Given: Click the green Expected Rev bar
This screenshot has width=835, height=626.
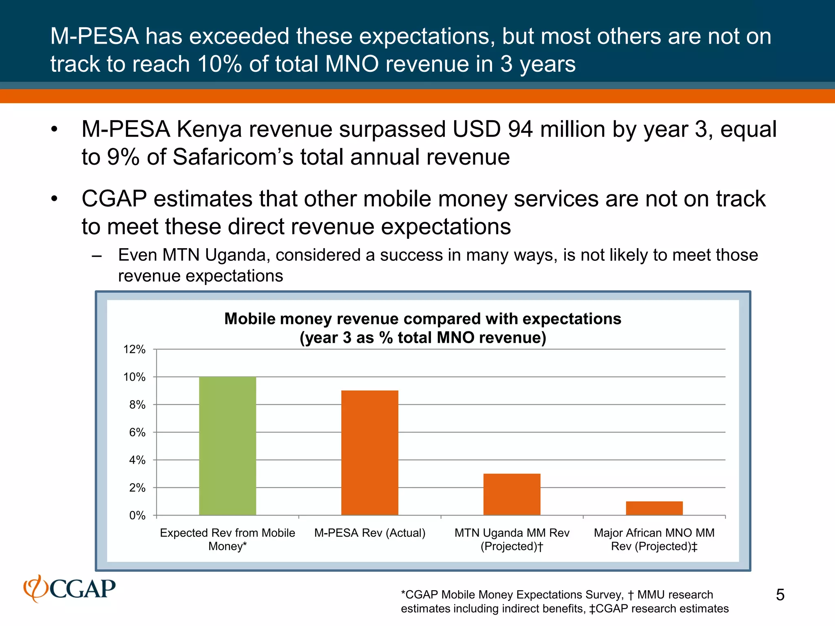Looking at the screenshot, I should click(x=228, y=446).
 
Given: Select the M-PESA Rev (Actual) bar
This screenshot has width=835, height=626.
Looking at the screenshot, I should click(x=369, y=453).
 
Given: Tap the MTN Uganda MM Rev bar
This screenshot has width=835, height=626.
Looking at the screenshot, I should click(x=512, y=494).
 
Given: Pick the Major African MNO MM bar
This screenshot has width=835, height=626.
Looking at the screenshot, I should click(x=654, y=508).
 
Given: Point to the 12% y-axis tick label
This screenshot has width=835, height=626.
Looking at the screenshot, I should click(x=134, y=349).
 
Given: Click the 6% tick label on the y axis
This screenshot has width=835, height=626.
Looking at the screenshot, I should click(x=137, y=432).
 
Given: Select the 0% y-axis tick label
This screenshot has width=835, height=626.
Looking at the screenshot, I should click(x=137, y=516).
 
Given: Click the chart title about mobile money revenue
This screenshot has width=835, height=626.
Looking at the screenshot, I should click(x=422, y=328).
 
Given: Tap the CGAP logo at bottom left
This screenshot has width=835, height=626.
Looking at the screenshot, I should click(x=70, y=589).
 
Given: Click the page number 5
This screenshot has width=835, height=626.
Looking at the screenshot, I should click(x=780, y=595).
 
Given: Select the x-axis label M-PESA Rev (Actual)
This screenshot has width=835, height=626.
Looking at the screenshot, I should click(x=369, y=533).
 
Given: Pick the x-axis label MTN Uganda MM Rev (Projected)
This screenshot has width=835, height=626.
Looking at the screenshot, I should click(x=512, y=540).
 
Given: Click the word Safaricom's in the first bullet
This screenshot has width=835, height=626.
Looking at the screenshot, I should click(x=233, y=157).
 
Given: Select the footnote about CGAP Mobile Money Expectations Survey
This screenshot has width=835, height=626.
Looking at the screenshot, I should click(x=564, y=602).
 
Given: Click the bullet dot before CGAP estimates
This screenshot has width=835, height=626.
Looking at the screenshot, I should click(x=55, y=199).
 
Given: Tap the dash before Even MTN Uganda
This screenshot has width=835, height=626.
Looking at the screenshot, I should click(x=97, y=256).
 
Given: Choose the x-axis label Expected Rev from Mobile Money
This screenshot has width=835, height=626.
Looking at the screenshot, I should click(x=227, y=540).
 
